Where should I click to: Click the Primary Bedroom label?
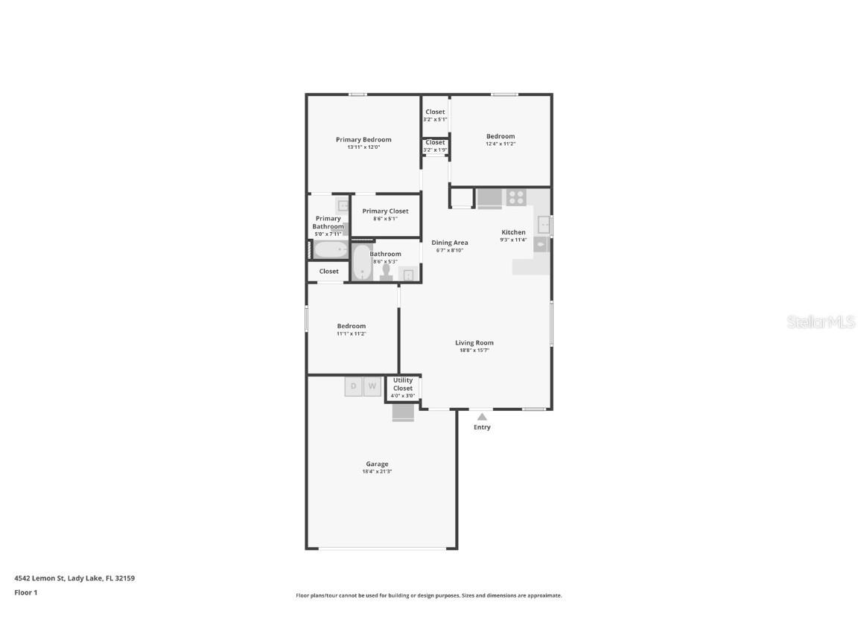(363, 140)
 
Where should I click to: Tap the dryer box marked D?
(353, 386)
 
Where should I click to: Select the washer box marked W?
(372, 386)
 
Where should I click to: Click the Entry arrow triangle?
(482, 417)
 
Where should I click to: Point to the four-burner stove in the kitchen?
(516, 198)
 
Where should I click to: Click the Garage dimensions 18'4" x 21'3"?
(377, 472)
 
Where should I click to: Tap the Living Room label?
(474, 343)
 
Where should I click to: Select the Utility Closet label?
(403, 384)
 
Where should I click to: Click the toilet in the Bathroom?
(386, 273)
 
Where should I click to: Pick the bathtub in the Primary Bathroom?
(330, 249)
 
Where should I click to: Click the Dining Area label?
(450, 243)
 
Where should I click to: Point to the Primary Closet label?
(385, 211)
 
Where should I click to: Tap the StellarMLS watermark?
(821, 322)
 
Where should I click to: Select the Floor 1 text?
(25, 593)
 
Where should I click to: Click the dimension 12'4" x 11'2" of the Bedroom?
(500, 144)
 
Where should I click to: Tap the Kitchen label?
(513, 232)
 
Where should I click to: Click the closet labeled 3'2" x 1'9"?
(435, 146)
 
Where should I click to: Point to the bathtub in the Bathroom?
(362, 263)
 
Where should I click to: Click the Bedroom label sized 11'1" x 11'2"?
(351, 326)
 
